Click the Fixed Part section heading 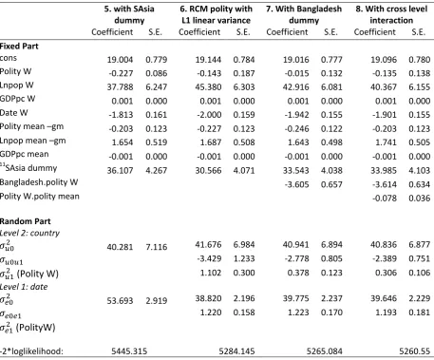pyautogui.click(x=19, y=47)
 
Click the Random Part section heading pyautogui.click(x=25, y=221)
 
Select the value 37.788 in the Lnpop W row pyautogui.click(x=120, y=86)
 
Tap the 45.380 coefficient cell pyautogui.click(x=208, y=86)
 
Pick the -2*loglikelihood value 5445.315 pyautogui.click(x=129, y=351)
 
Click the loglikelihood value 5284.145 pyautogui.click(x=236, y=351)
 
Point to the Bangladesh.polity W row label pyautogui.click(x=39, y=182)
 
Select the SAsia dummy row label pyautogui.click(x=28, y=168)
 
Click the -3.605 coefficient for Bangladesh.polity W pyautogui.click(x=296, y=184)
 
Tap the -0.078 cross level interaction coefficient pyautogui.click(x=385, y=199)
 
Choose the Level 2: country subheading pyautogui.click(x=29, y=233)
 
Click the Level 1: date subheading pyautogui.click(x=24, y=287)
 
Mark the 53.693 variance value pyautogui.click(x=120, y=300)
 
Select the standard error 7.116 pyautogui.click(x=157, y=247)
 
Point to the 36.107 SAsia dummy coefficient pyautogui.click(x=120, y=170)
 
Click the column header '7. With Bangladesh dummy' pyautogui.click(x=304, y=14)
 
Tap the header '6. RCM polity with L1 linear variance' pyautogui.click(x=217, y=14)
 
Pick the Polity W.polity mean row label pyautogui.click(x=40, y=197)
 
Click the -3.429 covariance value pyautogui.click(x=209, y=258)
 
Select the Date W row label pyautogui.click(x=14, y=113)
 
